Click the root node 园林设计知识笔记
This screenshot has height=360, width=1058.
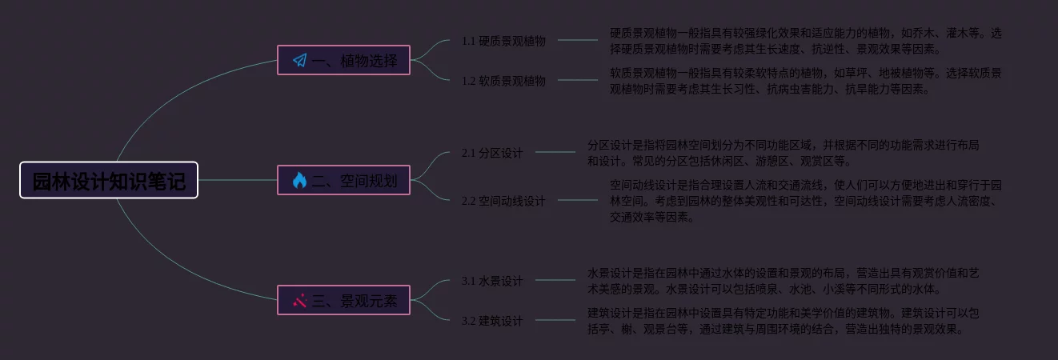tap(109, 181)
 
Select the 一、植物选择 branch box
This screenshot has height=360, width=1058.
tap(343, 60)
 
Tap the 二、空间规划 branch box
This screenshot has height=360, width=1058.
tap(343, 181)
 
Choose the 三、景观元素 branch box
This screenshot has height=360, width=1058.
tap(343, 301)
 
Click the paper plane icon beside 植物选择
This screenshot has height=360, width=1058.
tap(299, 60)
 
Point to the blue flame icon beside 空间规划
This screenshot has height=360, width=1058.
tap(299, 181)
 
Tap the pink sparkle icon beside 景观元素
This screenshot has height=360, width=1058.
tap(299, 301)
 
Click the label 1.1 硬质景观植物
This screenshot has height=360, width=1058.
tap(503, 41)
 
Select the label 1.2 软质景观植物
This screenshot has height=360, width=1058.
tap(503, 81)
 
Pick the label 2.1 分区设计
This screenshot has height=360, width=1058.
tap(492, 153)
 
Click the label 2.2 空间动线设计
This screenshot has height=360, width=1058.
tap(503, 201)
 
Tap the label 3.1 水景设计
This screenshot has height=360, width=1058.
tap(492, 281)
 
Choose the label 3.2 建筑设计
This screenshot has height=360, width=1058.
tap(492, 321)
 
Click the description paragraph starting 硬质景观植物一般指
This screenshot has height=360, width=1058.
tap(805, 41)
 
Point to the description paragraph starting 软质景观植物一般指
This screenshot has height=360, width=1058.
tap(805, 81)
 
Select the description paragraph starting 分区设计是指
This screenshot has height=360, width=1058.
tap(783, 153)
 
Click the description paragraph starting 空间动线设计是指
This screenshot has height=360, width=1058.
tap(805, 201)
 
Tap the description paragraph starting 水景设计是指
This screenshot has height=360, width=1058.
tap(783, 281)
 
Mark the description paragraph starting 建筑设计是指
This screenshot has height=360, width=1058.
tap(783, 321)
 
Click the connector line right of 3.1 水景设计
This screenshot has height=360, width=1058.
tap(555, 280)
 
